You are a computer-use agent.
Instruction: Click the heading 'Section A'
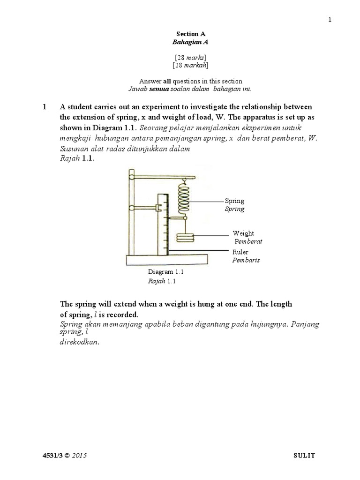click(x=191, y=34)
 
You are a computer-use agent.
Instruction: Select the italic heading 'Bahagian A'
click(x=191, y=42)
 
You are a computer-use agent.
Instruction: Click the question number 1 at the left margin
click(x=45, y=107)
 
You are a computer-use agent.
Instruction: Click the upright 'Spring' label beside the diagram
click(x=234, y=201)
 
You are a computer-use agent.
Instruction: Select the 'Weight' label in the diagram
click(x=243, y=233)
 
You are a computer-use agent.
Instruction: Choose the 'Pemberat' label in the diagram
click(x=248, y=241)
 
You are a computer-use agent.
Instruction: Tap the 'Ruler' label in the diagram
click(x=240, y=252)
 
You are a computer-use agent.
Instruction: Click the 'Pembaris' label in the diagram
click(x=246, y=260)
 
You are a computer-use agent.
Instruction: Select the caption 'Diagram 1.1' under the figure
click(x=165, y=272)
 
